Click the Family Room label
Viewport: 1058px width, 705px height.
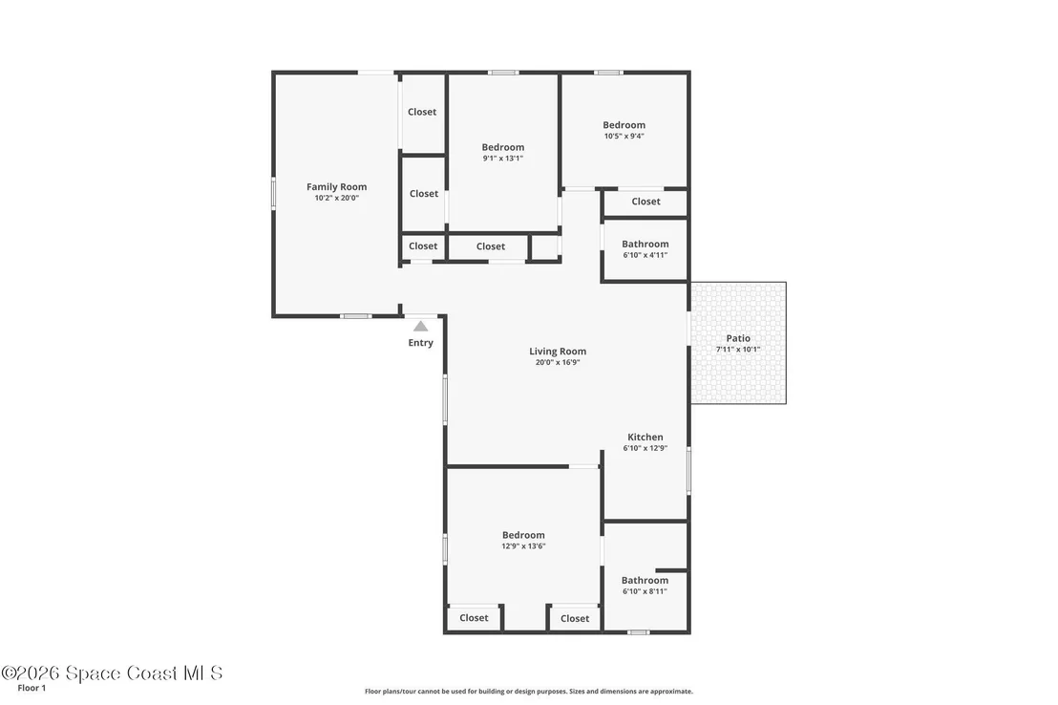click(x=337, y=187)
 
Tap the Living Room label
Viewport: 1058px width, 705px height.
click(x=558, y=352)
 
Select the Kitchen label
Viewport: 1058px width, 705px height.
click(x=645, y=437)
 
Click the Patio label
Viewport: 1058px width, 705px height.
click(x=738, y=338)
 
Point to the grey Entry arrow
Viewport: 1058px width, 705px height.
click(x=420, y=326)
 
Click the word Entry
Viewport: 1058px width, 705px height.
click(x=420, y=343)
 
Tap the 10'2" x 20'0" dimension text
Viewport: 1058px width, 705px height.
click(x=337, y=198)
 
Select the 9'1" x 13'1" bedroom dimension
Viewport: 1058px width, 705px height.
click(x=502, y=158)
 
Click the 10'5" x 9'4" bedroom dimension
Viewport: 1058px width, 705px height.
click(x=624, y=136)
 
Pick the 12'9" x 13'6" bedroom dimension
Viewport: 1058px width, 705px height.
click(x=523, y=546)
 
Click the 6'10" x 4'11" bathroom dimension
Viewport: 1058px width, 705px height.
click(x=645, y=255)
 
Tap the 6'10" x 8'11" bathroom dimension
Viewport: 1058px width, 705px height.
click(x=645, y=591)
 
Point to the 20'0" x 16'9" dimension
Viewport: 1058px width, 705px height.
click(x=558, y=362)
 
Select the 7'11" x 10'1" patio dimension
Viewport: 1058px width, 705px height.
click(x=738, y=349)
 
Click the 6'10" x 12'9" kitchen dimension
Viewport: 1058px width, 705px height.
click(x=645, y=448)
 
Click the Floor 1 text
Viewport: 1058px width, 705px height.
click(x=32, y=688)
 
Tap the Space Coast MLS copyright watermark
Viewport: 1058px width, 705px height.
click(x=112, y=673)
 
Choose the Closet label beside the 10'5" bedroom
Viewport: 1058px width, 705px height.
click(x=645, y=202)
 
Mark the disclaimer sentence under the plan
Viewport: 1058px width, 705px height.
click(x=529, y=692)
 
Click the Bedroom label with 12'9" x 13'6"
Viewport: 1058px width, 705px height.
click(x=523, y=535)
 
